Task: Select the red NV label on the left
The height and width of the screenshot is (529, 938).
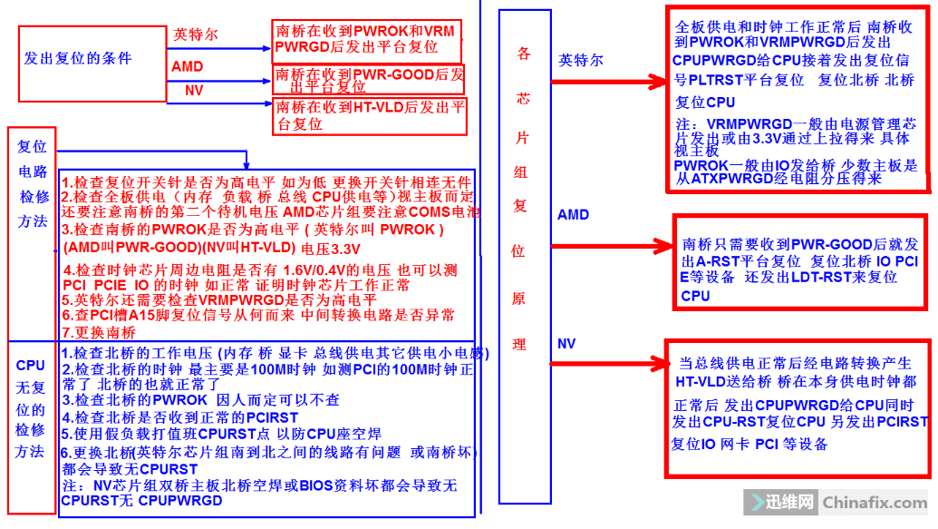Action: point(194,91)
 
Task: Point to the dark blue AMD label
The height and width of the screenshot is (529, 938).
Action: point(573,215)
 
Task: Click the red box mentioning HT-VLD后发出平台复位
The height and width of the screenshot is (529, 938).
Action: point(370,115)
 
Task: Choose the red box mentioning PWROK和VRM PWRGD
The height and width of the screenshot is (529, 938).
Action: point(365,38)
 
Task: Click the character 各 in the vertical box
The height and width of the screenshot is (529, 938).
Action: point(523,54)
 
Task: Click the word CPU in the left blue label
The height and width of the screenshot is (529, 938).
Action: point(30,366)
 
